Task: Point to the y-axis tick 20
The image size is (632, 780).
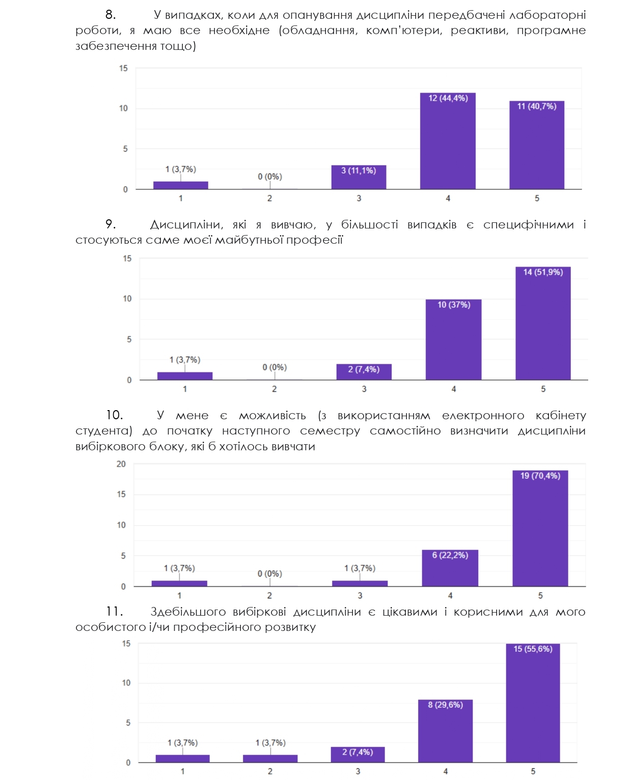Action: click(x=121, y=464)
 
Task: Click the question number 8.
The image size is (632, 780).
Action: click(x=111, y=15)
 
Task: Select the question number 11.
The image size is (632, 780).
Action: click(x=114, y=612)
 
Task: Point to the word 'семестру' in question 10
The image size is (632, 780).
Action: click(x=329, y=431)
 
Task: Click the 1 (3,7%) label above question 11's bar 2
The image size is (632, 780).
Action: click(x=270, y=743)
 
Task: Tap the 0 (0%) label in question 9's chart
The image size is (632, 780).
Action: click(x=274, y=367)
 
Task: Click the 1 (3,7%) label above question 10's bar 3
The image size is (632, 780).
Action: click(x=360, y=568)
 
